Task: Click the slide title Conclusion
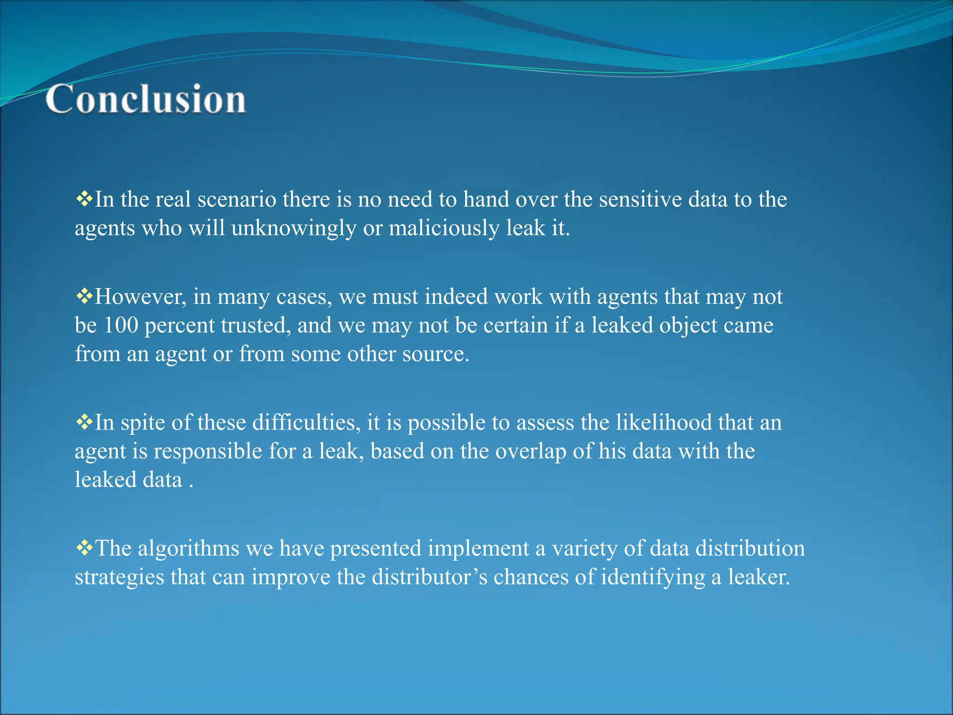[146, 99]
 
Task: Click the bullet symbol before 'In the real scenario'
[84, 199]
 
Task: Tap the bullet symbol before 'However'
[84, 297]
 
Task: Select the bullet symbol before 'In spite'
[84, 422]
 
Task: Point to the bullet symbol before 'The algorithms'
[84, 548]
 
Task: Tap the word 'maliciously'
[443, 228]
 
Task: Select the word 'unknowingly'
[293, 228]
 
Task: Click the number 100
[121, 325]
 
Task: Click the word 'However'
[141, 297]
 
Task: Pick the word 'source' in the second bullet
[436, 354]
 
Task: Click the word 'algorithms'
[188, 548]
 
